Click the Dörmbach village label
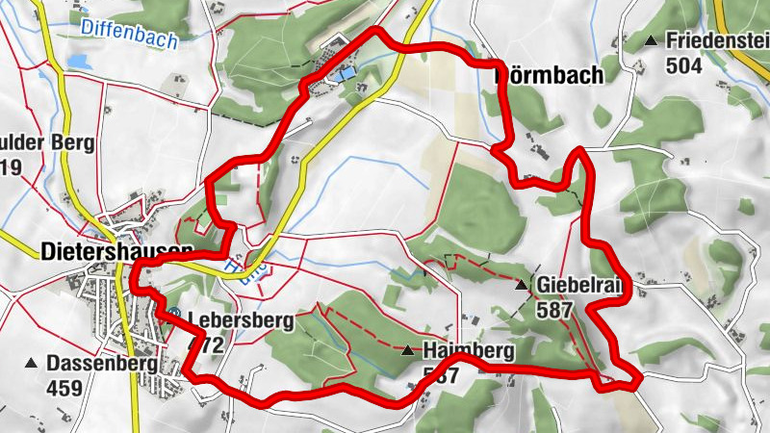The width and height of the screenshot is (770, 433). click(549, 74)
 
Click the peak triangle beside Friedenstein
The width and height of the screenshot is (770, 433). click(652, 40)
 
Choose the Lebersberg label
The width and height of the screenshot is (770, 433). click(241, 320)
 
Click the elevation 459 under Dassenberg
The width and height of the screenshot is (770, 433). click(64, 389)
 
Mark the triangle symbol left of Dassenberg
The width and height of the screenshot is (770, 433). click(30, 364)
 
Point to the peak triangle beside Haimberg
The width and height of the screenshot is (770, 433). click(408, 350)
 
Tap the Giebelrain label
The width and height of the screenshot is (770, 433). click(581, 285)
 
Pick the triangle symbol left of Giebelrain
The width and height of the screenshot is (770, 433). click(521, 285)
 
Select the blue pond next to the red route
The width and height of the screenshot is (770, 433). click(342, 71)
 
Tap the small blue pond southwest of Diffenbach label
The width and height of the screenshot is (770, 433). click(77, 60)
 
